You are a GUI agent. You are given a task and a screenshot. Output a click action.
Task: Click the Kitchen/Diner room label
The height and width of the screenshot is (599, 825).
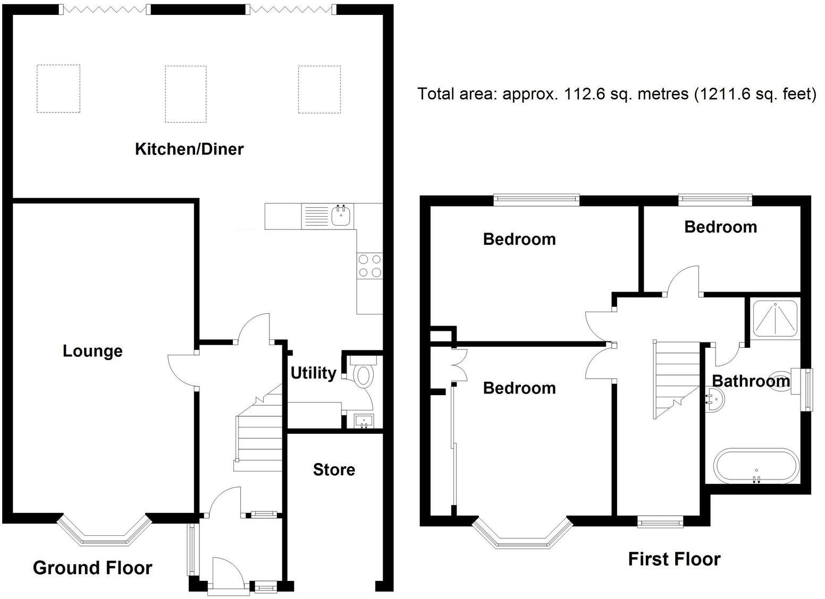(x=189, y=149)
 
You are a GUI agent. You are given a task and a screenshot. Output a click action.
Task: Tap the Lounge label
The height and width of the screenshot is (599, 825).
(x=92, y=351)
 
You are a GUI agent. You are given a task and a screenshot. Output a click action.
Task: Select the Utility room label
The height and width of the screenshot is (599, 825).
(x=313, y=373)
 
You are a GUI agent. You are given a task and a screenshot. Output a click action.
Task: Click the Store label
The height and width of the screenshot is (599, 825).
(x=334, y=469)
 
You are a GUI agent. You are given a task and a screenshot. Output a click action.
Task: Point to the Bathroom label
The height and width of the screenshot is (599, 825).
(x=751, y=381)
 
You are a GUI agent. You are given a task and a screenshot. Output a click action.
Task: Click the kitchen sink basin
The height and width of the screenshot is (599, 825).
(x=341, y=216)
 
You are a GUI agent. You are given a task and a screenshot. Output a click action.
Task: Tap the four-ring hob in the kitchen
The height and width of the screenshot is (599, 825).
(x=370, y=266)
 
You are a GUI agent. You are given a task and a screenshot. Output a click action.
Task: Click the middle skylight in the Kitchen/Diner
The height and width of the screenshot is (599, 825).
(x=186, y=94)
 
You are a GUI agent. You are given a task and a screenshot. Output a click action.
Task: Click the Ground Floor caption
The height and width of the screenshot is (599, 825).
(x=92, y=568)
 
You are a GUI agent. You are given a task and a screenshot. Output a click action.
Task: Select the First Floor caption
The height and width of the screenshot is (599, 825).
(x=674, y=559)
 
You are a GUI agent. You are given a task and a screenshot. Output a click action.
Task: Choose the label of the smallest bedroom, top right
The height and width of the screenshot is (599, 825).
(x=720, y=227)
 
